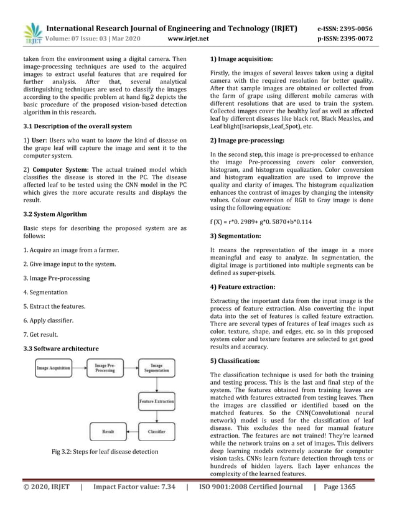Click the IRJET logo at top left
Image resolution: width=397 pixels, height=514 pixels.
pyautogui.click(x=31, y=33)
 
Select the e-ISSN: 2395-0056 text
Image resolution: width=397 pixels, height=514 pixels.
pyautogui.click(x=353, y=28)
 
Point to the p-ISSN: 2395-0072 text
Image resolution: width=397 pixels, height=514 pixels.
pyautogui.click(x=353, y=39)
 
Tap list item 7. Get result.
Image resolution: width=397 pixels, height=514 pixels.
pyautogui.click(x=42, y=335)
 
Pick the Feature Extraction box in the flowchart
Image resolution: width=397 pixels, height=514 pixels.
pyautogui.click(x=156, y=401)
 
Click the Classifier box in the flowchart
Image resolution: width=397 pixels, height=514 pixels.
pyautogui.click(x=156, y=430)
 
